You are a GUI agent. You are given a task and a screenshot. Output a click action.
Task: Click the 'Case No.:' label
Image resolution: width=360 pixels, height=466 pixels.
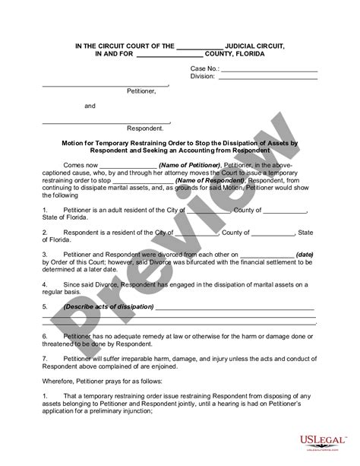click(x=204, y=68)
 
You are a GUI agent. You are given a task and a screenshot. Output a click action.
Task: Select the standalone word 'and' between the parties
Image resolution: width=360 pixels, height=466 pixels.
click(x=90, y=106)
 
